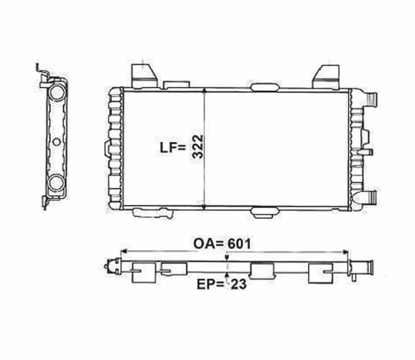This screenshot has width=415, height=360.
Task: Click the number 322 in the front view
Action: click(198, 146)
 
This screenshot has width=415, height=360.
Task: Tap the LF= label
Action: click(173, 148)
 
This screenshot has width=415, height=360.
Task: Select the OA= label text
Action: click(209, 244)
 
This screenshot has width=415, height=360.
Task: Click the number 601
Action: click(239, 244)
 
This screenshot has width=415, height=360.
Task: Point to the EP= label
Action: click(210, 284)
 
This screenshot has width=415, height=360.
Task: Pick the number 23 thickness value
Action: click(238, 284)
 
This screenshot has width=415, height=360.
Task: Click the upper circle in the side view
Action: click(57, 92)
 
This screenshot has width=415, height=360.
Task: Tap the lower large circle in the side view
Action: click(56, 183)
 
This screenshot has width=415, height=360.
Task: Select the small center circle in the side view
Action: click(56, 142)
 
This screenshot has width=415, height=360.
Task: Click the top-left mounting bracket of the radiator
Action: click(144, 76)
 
